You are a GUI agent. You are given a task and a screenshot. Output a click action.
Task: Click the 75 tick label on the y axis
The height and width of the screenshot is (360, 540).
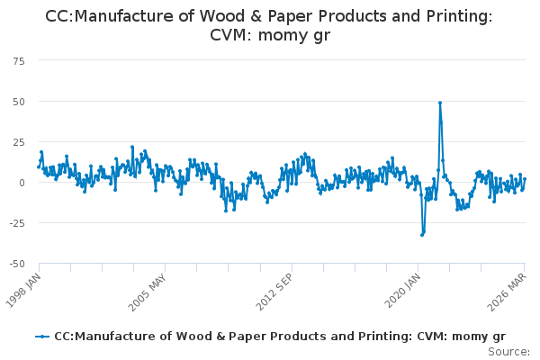tap(19, 61)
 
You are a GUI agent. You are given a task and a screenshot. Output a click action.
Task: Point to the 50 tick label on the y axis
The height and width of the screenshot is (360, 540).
tap(19, 102)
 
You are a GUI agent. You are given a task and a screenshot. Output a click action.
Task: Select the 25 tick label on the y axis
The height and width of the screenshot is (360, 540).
tap(19, 142)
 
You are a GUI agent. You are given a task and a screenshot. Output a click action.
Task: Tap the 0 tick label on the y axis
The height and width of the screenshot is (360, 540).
tap(22, 183)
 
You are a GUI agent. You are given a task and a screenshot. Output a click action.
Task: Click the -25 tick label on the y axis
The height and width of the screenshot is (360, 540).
tap(17, 223)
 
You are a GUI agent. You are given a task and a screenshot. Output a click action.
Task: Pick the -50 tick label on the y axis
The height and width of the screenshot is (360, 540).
tap(17, 264)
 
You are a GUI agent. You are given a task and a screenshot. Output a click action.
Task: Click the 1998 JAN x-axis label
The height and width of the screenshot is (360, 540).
tap(23, 290)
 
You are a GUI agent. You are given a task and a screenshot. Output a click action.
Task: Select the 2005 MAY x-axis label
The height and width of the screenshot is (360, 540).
tap(147, 292)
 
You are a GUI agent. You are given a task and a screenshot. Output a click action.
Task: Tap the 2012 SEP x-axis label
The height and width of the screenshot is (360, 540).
tap(274, 292)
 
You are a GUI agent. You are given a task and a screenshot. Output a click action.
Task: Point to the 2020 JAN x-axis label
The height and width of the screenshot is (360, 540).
tap(402, 291)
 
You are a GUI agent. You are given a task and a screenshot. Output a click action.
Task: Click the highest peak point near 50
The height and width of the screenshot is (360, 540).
tap(440, 103)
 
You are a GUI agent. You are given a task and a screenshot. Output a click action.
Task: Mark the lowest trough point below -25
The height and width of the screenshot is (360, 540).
tap(422, 235)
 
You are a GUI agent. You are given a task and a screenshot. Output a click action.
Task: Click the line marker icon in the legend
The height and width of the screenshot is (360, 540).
tap(42, 337)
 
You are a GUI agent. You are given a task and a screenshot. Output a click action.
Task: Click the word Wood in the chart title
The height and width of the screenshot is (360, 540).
tap(219, 16)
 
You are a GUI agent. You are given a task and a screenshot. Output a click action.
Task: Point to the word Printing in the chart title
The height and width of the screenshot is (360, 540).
tap(459, 17)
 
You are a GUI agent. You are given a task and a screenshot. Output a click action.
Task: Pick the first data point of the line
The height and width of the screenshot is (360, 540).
tap(39, 167)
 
